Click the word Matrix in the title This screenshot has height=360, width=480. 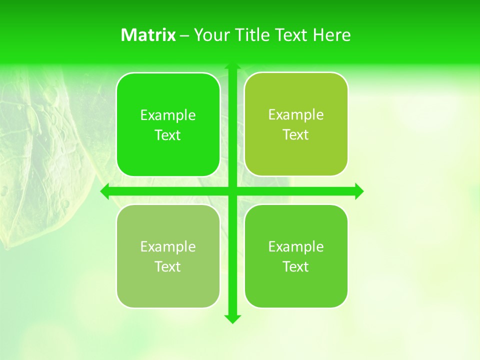pyautogui.click(x=148, y=35)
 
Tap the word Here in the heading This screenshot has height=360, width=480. pyautogui.click(x=332, y=35)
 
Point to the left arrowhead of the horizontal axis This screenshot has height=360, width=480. pyautogui.click(x=105, y=191)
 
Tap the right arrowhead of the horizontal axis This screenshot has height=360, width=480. pyautogui.click(x=359, y=191)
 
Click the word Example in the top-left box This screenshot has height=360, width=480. pyautogui.click(x=168, y=115)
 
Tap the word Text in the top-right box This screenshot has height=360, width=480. pyautogui.click(x=296, y=135)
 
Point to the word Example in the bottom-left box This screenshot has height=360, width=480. pyautogui.click(x=168, y=247)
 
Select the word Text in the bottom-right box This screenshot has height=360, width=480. pyautogui.click(x=296, y=267)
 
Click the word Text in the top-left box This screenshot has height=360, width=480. pyautogui.click(x=168, y=135)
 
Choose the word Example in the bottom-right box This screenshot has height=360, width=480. pyautogui.click(x=296, y=247)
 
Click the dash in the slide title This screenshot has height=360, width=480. pyautogui.click(x=184, y=35)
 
